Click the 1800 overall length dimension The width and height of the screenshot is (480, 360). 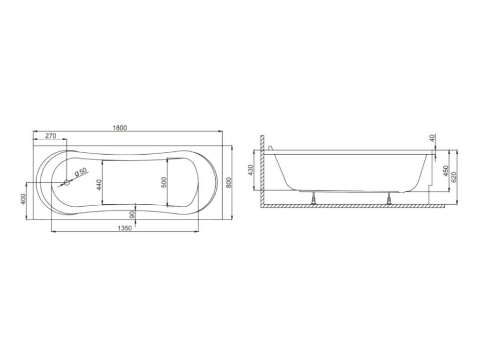tap(120, 127)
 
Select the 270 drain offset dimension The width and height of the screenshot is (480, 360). tap(51, 135)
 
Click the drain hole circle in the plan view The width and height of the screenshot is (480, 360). tap(67, 183)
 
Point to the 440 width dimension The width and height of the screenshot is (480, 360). tap(98, 185)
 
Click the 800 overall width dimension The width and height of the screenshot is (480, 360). tap(229, 182)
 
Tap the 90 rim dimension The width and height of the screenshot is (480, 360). tap(132, 214)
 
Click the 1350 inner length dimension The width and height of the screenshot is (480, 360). tap(125, 228)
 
